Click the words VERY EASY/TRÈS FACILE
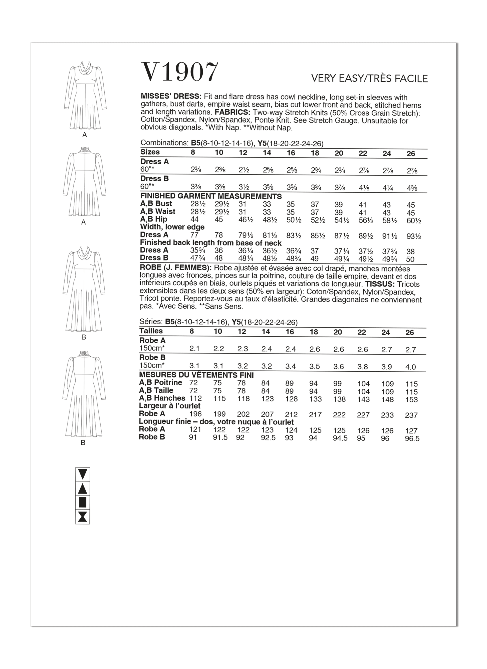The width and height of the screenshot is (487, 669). click(369, 78)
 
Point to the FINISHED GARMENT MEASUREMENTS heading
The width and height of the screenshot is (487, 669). click(211, 196)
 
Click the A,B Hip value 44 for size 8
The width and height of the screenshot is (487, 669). click(194, 219)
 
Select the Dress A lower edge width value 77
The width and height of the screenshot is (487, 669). click(194, 235)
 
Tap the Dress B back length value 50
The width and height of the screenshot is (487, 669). click(410, 259)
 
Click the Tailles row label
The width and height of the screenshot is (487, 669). click(151, 331)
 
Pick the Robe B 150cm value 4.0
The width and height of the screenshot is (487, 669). click(410, 367)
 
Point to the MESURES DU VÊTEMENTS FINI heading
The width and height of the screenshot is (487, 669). click(196, 375)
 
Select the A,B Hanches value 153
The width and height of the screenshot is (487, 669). click(411, 400)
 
